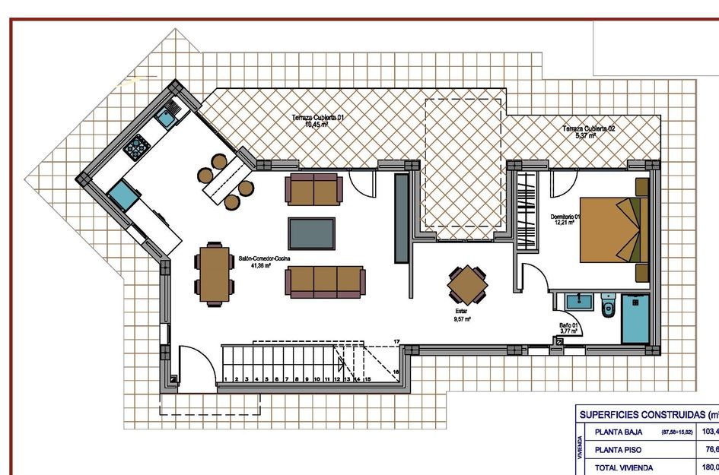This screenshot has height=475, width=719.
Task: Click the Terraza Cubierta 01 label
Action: tap(320, 121)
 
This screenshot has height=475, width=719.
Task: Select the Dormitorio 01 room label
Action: tap(565, 220)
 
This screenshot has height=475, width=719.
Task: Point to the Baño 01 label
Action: tap(568, 328)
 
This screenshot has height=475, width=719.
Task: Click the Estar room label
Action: tap(462, 315)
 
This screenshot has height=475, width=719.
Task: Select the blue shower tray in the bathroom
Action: tap(635, 319)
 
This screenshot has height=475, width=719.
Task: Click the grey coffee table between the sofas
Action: tap(311, 233)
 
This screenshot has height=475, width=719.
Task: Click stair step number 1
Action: tap(226, 378)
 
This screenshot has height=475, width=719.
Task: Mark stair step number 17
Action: tap(396, 341)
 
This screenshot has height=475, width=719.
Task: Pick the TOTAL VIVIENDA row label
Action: tap(623, 468)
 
